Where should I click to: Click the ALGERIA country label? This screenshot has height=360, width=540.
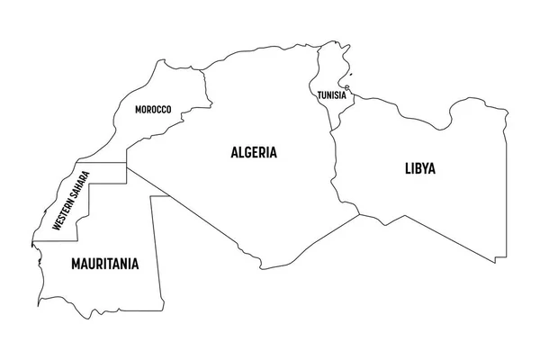[253, 153]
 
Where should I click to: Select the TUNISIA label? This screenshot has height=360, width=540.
[330, 94]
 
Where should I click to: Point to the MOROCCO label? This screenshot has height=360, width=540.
[153, 110]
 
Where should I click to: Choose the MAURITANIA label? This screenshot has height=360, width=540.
[104, 265]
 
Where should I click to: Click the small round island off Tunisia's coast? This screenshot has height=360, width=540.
[347, 87]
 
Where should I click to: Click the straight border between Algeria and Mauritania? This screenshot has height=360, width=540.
[144, 180]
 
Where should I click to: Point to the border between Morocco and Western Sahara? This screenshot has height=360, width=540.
[90, 163]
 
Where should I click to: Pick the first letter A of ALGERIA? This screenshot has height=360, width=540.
[232, 153]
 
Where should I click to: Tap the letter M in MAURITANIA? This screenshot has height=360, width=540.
[75, 265]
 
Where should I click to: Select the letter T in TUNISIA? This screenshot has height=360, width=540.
[319, 94]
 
